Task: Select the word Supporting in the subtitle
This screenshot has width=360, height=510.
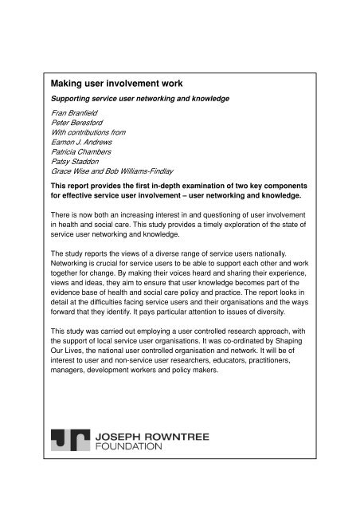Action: coord(74,100)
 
